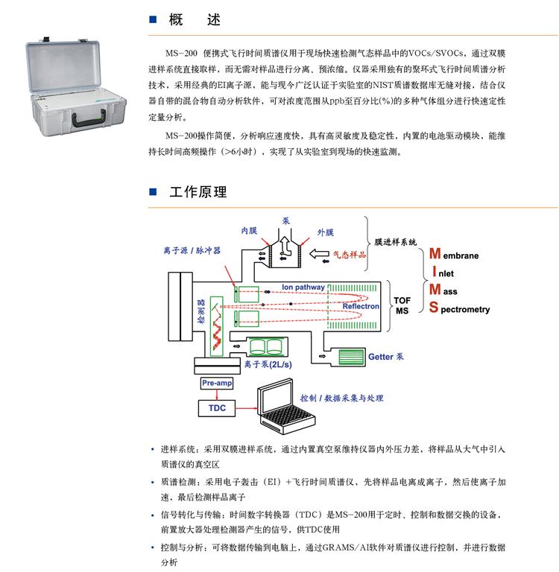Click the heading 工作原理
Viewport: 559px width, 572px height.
tap(198, 192)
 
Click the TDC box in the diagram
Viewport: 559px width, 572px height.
tap(217, 408)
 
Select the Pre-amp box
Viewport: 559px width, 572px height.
tap(216, 382)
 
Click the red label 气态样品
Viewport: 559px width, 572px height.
tap(350, 255)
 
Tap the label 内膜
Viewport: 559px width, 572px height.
tap(248, 231)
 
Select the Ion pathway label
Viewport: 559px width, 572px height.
tap(303, 287)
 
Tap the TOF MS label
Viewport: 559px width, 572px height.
tap(402, 305)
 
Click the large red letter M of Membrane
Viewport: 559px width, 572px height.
tap(438, 253)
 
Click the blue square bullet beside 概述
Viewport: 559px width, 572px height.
tap(153, 21)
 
